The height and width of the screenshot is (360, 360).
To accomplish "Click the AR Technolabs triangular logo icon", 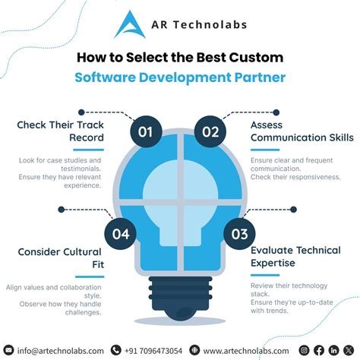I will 129,24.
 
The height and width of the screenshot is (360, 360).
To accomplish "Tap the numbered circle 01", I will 146,132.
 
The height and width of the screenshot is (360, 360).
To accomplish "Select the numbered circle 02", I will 210,132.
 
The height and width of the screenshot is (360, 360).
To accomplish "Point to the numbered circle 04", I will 121,234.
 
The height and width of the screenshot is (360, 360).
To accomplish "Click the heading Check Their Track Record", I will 62,131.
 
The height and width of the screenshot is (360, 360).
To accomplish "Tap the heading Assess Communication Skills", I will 302,131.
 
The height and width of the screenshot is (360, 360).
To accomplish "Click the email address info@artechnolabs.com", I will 61,350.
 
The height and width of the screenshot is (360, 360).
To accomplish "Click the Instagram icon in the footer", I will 305,350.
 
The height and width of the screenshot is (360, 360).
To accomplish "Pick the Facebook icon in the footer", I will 319,350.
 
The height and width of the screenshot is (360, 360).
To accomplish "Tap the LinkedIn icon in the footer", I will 333,350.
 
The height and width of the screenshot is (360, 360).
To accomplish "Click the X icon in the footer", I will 348,350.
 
